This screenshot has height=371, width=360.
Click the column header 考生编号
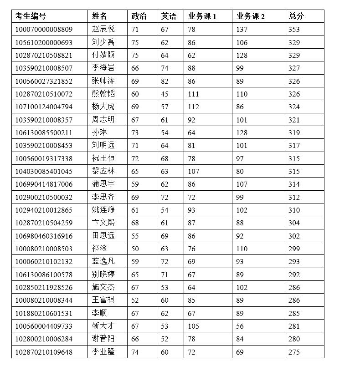pyautogui.click(x=31, y=16)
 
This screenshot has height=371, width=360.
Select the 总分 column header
pyautogui.click(x=296, y=16)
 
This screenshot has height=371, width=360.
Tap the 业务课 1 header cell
pyautogui.click(x=202, y=16)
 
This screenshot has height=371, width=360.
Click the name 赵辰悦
pyautogui.click(x=103, y=30)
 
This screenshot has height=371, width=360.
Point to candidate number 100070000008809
pyautogui.click(x=44, y=30)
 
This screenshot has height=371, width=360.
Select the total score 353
pyautogui.click(x=294, y=30)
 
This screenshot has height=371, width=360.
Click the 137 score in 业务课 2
pyautogui.click(x=242, y=30)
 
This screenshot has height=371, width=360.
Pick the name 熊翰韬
pyautogui.click(x=103, y=94)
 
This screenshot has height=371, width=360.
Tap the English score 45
pyautogui.click(x=165, y=94)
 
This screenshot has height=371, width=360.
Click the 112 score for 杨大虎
pyautogui.click(x=193, y=107)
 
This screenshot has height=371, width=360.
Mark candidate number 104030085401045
pyautogui.click(x=44, y=172)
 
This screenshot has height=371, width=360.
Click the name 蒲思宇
pyautogui.click(x=103, y=184)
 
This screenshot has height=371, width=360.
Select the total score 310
pyautogui.click(x=294, y=210)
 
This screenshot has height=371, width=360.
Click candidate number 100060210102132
pyautogui.click(x=44, y=262)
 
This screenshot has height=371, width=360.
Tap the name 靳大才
pyautogui.click(x=103, y=326)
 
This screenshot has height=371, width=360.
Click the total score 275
pyautogui.click(x=294, y=352)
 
